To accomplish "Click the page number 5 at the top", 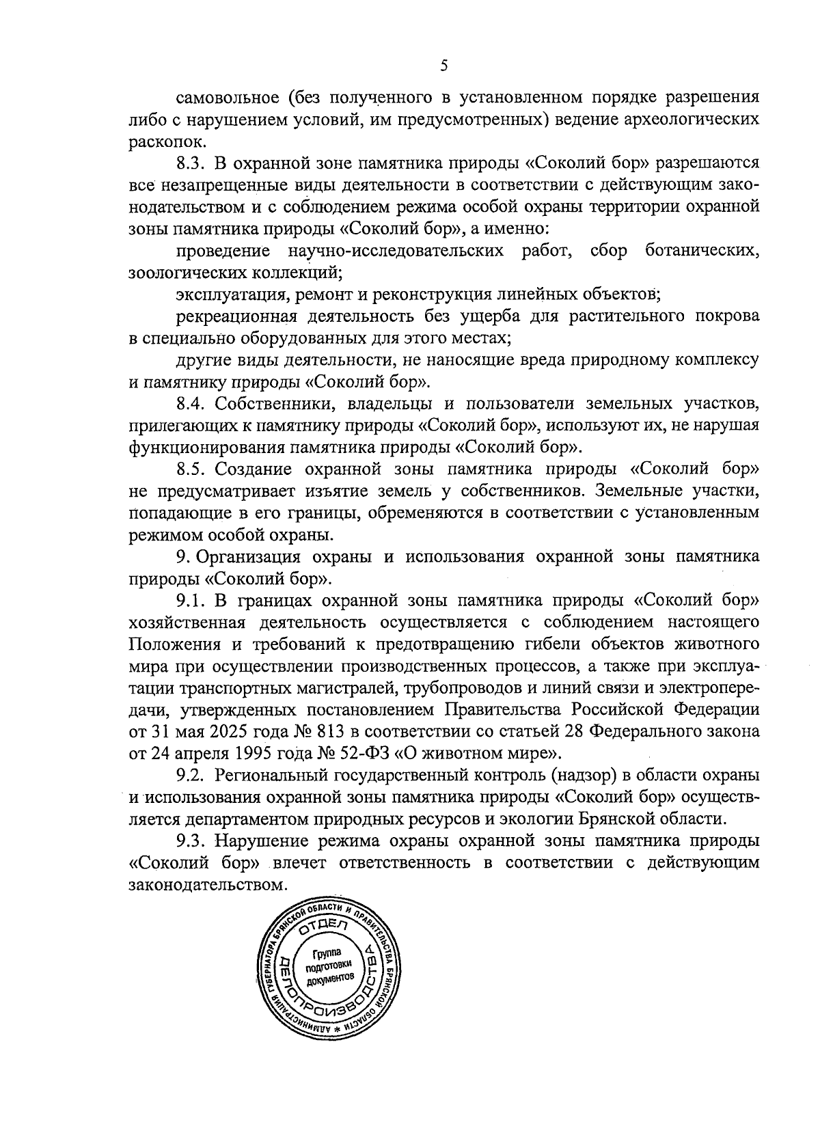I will pos(443,66).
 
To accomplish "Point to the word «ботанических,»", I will pos(701,251).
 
